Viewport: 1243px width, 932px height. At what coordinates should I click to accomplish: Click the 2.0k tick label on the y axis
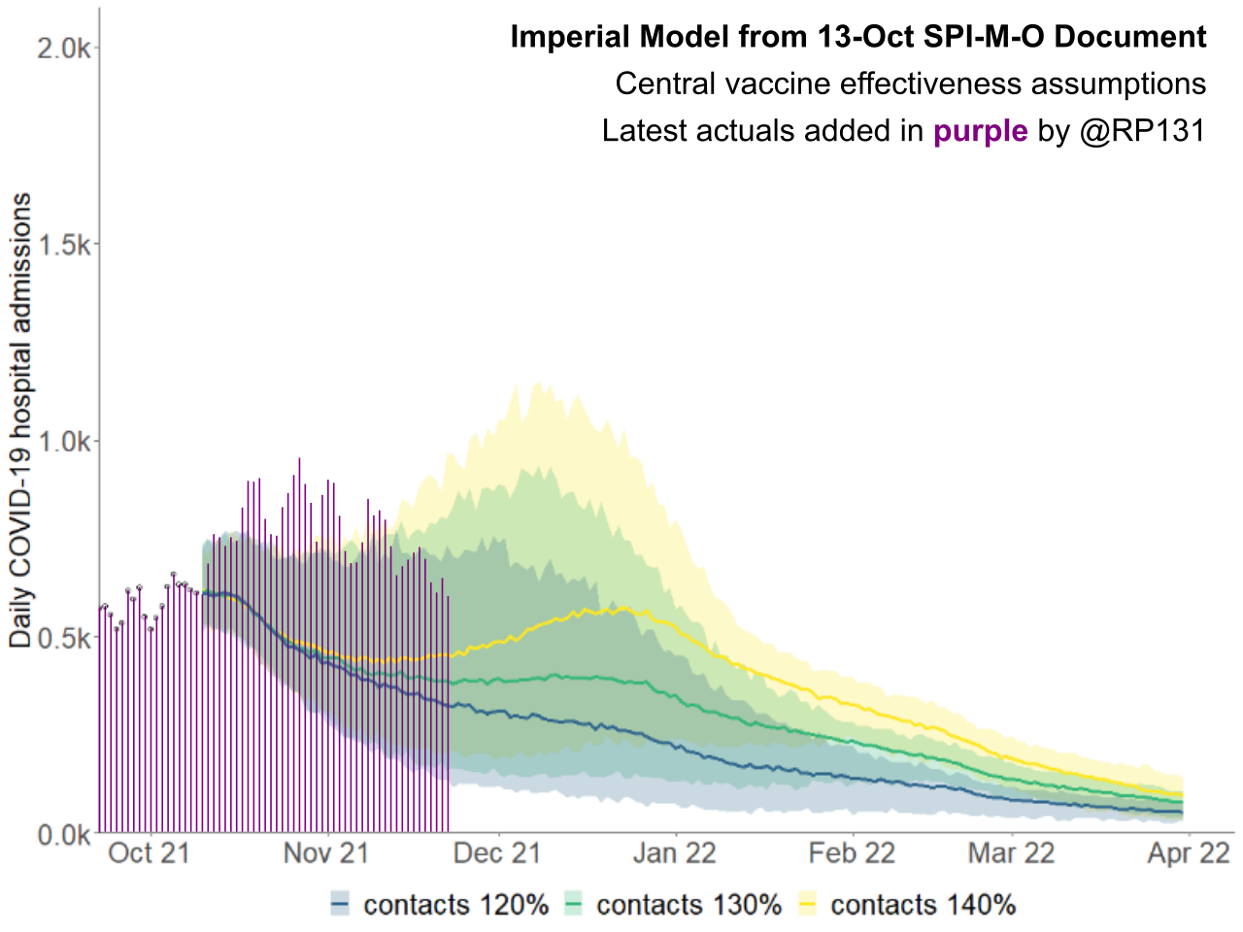(x=63, y=48)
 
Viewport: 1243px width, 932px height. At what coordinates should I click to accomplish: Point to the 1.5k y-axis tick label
(x=63, y=245)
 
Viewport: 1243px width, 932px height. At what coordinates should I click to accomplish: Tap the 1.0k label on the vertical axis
(x=63, y=442)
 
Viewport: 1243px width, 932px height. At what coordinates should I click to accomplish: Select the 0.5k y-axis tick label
(x=63, y=638)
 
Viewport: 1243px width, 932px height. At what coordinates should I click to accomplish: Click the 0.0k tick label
(x=63, y=835)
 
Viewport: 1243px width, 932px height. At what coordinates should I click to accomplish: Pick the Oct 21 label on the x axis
(x=149, y=853)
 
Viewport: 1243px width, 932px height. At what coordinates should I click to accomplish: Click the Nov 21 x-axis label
(x=326, y=853)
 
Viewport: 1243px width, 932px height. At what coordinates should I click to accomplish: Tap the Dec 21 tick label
(x=497, y=853)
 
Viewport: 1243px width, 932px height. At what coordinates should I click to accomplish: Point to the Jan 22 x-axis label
(x=674, y=853)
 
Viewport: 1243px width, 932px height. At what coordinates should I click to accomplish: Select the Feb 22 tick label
(x=852, y=853)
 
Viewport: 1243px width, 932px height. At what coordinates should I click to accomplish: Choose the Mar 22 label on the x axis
(x=1011, y=853)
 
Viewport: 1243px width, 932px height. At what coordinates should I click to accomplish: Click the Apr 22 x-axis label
(x=1189, y=853)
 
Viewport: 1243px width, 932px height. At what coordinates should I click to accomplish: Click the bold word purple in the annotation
(x=980, y=131)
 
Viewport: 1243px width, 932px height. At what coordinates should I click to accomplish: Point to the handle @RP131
(x=1142, y=131)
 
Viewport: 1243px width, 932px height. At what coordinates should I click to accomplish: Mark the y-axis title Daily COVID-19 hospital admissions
(x=20, y=419)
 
